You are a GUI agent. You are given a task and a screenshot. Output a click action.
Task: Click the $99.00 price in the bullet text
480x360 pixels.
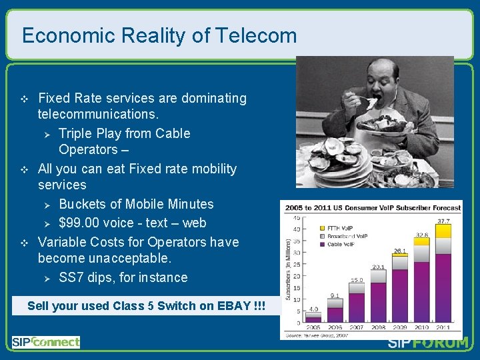(x=79, y=223)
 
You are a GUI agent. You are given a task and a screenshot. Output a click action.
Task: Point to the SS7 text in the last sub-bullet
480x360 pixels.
(x=71, y=277)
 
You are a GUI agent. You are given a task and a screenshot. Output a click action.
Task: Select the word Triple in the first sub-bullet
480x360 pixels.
(x=75, y=133)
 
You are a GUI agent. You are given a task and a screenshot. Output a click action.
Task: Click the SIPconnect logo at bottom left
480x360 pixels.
(x=45, y=342)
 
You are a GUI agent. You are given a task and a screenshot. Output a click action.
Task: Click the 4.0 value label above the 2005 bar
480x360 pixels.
(x=313, y=309)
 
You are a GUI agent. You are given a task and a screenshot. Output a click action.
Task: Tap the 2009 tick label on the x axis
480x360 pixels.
(x=399, y=328)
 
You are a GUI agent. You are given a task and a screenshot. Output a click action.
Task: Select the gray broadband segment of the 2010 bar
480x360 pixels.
(x=421, y=255)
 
